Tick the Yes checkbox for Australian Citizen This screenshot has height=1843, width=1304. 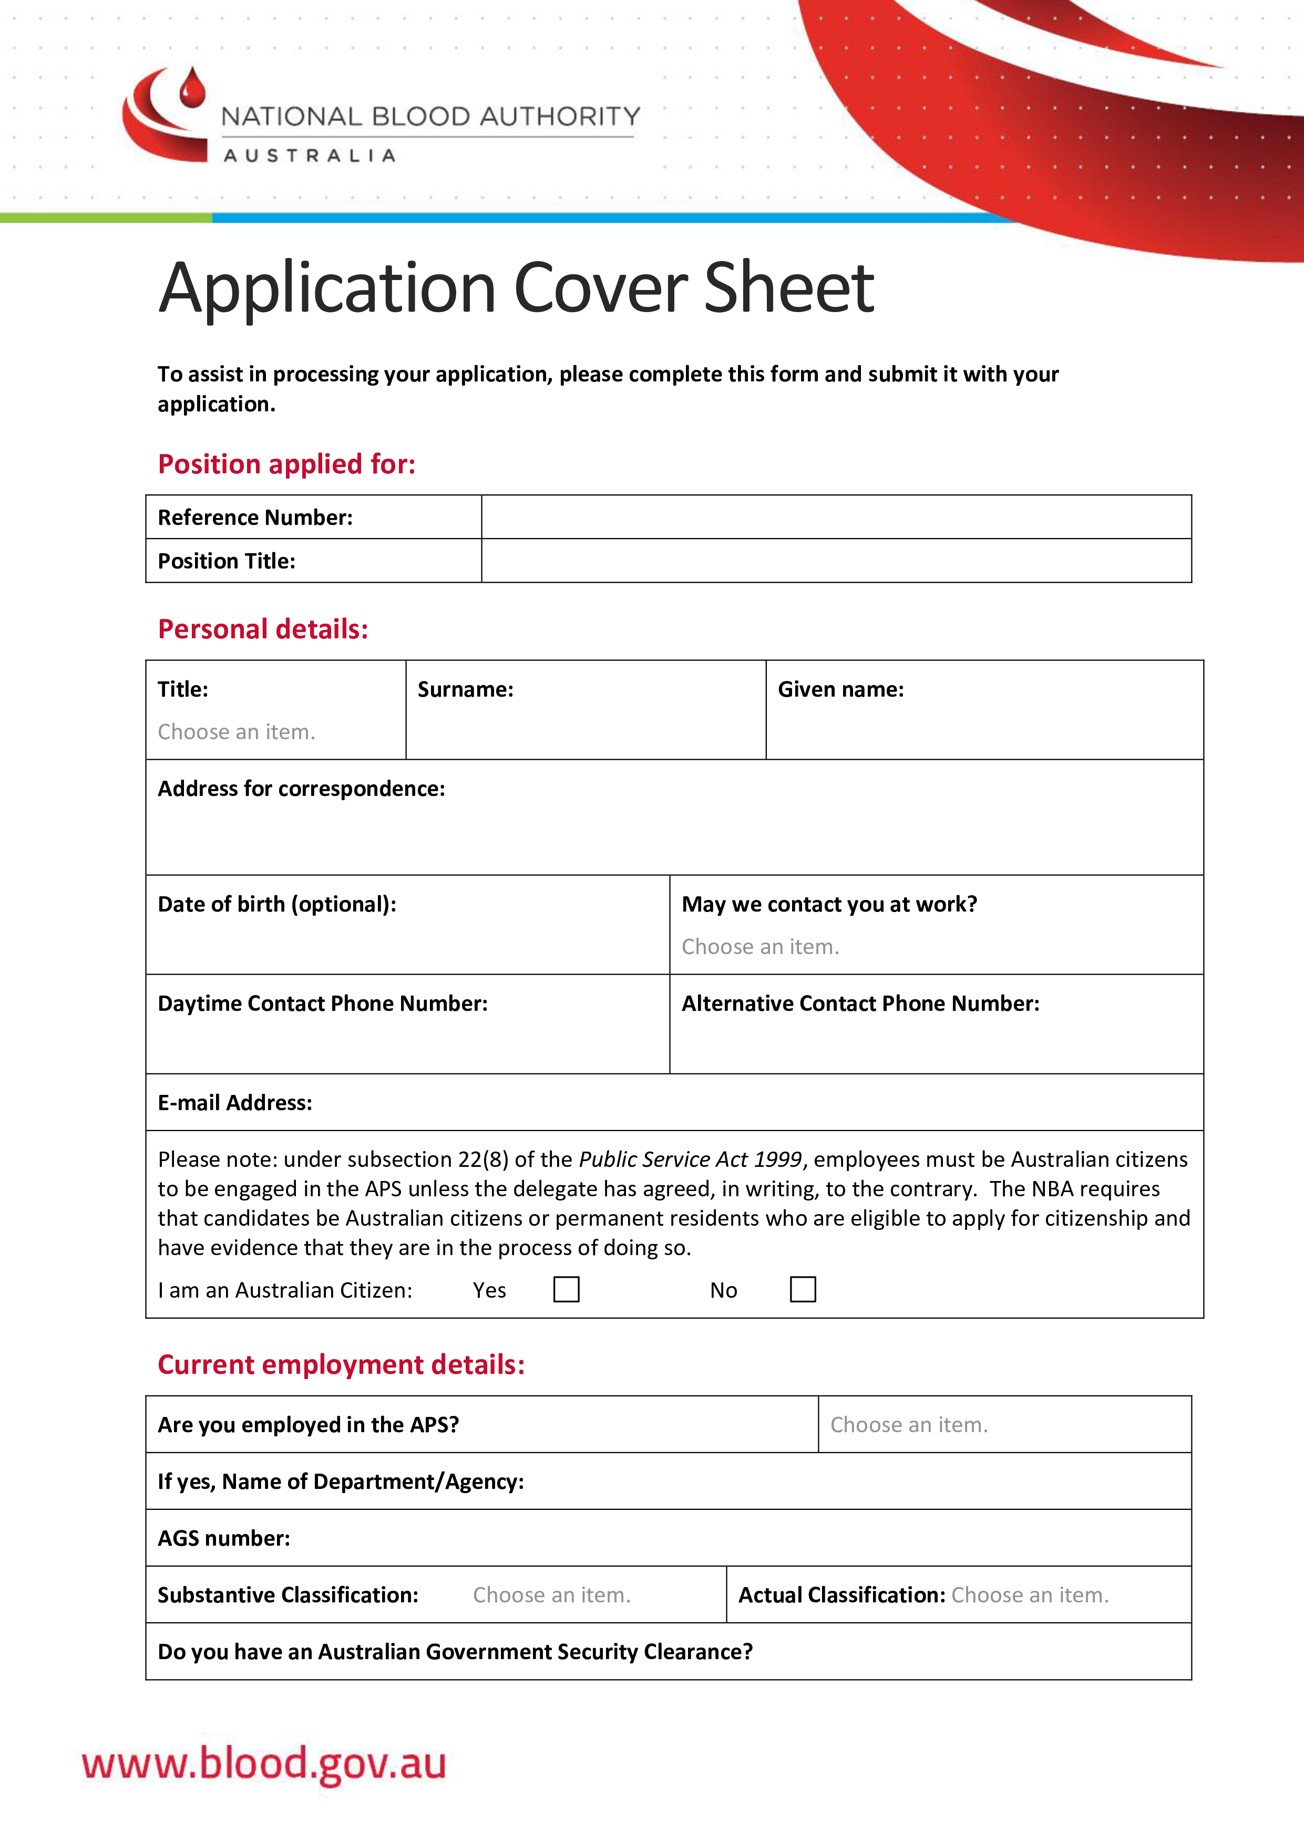click(566, 1289)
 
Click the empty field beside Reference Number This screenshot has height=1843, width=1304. click(835, 517)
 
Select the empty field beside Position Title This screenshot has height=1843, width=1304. click(835, 560)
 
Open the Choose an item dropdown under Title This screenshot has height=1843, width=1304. click(236, 732)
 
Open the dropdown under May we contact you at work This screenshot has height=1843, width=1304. click(759, 947)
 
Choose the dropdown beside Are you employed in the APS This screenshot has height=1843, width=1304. click(908, 1425)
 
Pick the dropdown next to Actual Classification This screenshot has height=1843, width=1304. click(1030, 1595)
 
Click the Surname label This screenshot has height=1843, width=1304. click(465, 689)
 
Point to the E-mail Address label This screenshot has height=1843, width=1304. click(234, 1103)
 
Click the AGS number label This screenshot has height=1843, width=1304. click(223, 1538)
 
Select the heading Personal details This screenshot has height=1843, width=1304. click(263, 629)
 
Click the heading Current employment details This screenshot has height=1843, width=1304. click(341, 1364)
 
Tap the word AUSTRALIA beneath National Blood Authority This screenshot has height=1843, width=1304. click(309, 156)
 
